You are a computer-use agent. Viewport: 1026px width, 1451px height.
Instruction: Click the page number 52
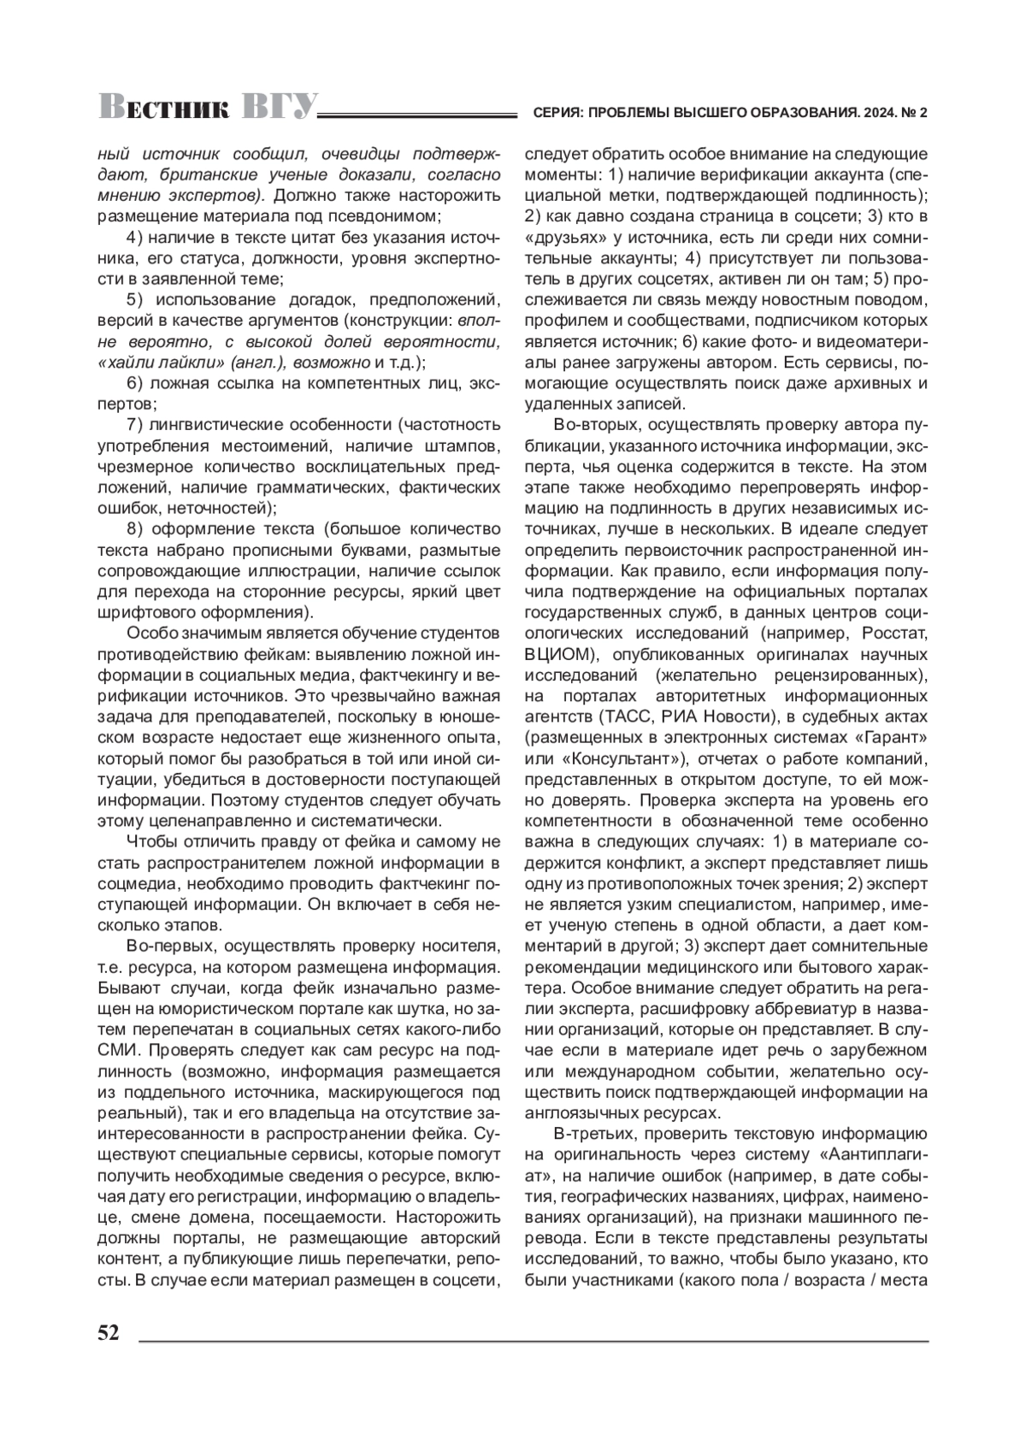pos(109,1333)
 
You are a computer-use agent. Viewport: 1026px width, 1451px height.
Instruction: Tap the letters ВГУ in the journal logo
pos(279,107)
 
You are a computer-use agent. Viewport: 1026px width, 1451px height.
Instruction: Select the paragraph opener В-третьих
pos(593,1135)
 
